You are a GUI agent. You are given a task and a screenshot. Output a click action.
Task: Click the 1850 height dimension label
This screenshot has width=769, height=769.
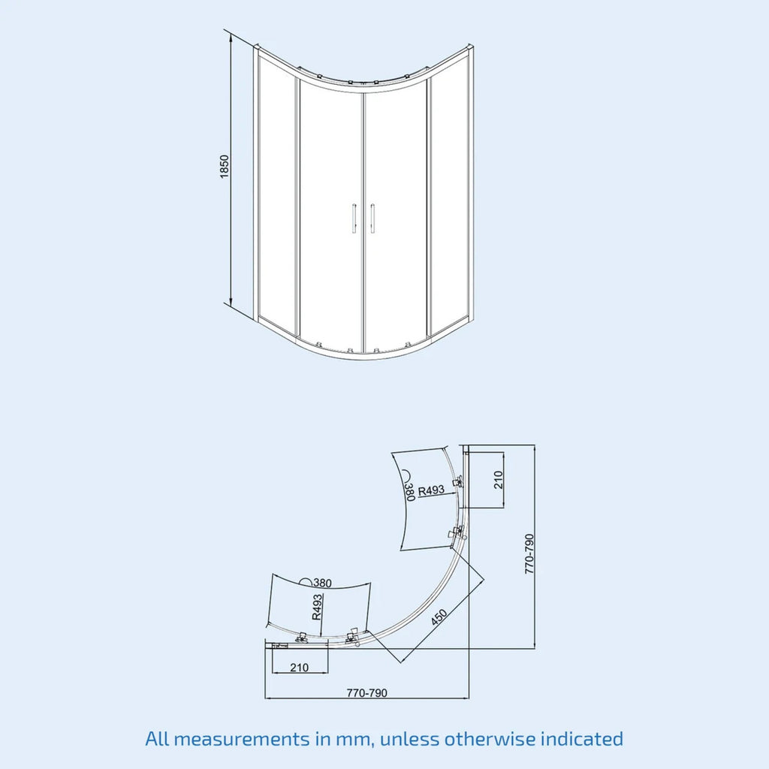tap(224, 167)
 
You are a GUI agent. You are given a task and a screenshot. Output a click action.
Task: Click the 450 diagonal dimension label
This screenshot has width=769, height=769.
tap(439, 617)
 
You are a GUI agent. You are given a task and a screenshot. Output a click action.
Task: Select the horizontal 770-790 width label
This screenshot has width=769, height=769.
tap(366, 692)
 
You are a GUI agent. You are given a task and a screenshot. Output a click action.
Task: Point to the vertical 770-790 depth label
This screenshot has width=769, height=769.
tap(529, 553)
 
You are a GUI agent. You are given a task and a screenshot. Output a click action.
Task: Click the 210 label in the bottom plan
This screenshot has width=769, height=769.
tap(299, 668)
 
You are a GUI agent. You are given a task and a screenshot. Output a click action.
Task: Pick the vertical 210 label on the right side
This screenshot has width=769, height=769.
tap(499, 480)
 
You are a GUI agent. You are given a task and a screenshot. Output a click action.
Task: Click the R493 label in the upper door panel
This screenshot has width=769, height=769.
tap(431, 490)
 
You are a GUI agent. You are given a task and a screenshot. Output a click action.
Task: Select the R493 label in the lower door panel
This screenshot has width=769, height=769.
tap(317, 607)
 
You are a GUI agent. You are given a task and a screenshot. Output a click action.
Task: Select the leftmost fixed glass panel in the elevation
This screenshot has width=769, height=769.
tap(276, 196)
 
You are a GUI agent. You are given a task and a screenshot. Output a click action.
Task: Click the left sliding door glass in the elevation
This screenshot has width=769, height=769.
tap(330, 216)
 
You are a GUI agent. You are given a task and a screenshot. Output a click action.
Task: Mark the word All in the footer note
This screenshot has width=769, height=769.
tap(156, 738)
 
